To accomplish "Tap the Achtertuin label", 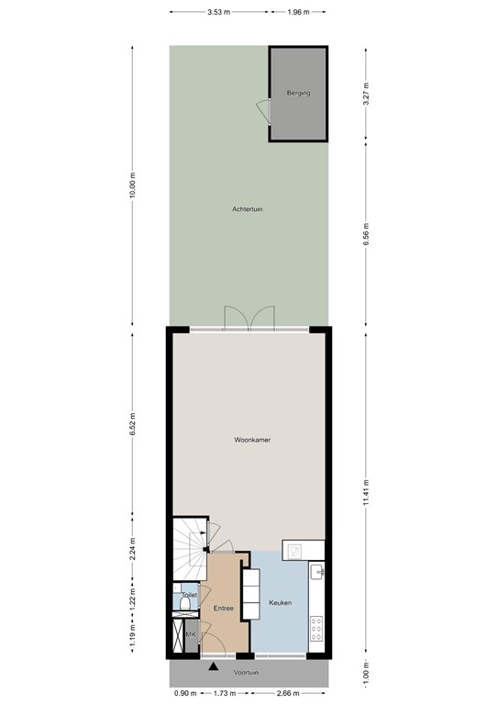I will pyautogui.click(x=248, y=210).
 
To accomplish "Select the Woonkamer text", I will pyautogui.click(x=252, y=441).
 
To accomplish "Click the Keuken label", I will pyautogui.click(x=280, y=603).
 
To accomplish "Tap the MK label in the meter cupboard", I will pyautogui.click(x=192, y=634).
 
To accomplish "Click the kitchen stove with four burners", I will pyautogui.click(x=316, y=629).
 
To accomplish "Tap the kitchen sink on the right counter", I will pyautogui.click(x=317, y=572).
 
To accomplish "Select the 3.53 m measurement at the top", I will pyautogui.click(x=218, y=12).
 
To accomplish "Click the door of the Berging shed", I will pyautogui.click(x=262, y=111).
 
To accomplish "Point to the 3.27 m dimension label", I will pyautogui.click(x=366, y=95).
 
